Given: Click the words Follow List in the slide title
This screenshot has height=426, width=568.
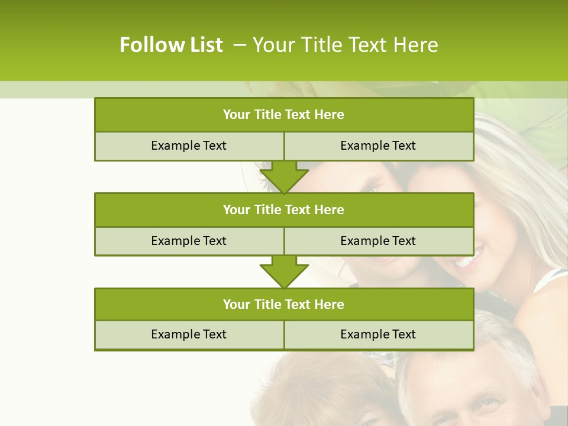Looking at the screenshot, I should [171, 45].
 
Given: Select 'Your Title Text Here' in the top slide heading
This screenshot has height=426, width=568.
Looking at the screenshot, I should [345, 45].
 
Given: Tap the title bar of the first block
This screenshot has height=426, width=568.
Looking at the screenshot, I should [284, 115].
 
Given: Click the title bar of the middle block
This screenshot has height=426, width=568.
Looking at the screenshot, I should [284, 209].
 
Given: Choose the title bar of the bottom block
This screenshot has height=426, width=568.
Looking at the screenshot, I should [284, 304].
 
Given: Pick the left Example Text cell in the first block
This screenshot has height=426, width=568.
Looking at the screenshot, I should [189, 146].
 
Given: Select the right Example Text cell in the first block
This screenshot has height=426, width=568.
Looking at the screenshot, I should [378, 146].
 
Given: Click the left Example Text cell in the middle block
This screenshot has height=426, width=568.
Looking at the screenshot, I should [189, 241].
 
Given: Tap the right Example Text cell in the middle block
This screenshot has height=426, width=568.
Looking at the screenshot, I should [378, 241].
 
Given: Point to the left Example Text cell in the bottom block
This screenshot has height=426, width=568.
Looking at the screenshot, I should [189, 334].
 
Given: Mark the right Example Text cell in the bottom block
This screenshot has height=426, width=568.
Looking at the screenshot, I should [378, 334].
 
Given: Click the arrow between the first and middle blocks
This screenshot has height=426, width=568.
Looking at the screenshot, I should [284, 177].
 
